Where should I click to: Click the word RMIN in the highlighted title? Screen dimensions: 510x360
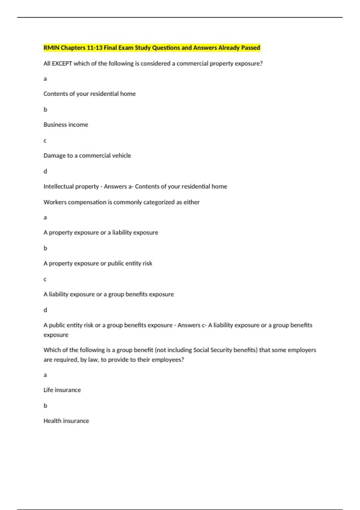[x=51, y=48]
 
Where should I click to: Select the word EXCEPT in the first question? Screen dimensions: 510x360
[x=62, y=63]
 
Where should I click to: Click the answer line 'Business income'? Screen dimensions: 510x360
[x=66, y=124]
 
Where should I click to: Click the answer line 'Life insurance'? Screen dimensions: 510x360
[x=62, y=390]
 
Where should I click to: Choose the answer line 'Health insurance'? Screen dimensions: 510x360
[x=66, y=421]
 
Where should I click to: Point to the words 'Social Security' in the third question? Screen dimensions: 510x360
[x=213, y=350]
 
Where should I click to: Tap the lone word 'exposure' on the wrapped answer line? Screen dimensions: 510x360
[x=56, y=335]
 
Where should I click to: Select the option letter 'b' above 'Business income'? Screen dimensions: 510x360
[x=45, y=109]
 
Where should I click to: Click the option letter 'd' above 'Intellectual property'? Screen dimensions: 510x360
[x=45, y=171]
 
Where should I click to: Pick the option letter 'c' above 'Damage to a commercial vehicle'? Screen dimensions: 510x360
[x=45, y=140]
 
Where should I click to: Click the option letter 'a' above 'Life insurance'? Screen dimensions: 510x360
[x=45, y=375]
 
